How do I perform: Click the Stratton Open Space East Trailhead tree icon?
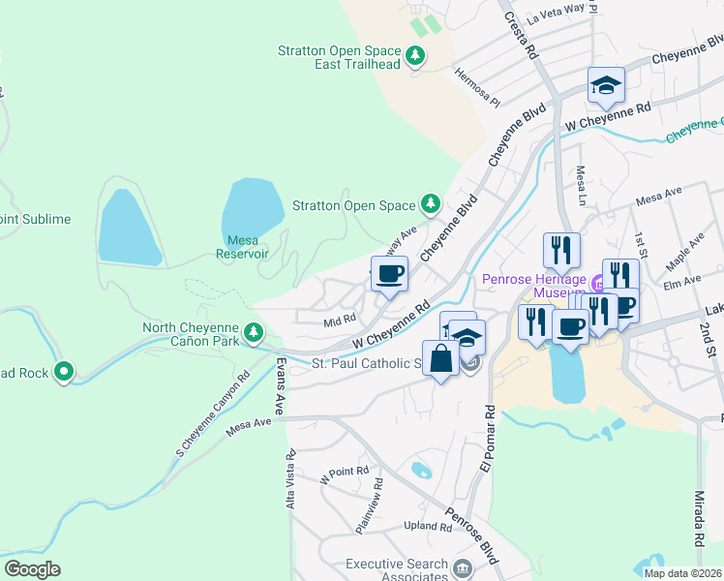pyautogui.click(x=415, y=56)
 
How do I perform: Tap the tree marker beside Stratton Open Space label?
pyautogui.click(x=430, y=204)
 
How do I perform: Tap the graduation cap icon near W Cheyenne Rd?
pyautogui.click(x=606, y=86)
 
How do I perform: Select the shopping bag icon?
pyautogui.click(x=440, y=357)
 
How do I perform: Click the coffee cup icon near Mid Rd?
pyautogui.click(x=389, y=274)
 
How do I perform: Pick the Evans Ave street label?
pyautogui.click(x=281, y=386)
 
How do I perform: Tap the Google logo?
pyautogui.click(x=31, y=569)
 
